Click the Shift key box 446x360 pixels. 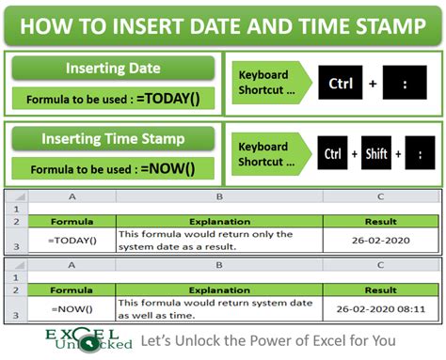tap(376, 153)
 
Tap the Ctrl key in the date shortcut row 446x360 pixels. tap(341, 83)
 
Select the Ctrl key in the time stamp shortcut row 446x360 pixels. tap(332, 153)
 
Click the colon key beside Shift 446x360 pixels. tap(420, 153)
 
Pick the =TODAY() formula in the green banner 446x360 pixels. tap(168, 99)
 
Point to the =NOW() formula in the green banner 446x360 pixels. tap(167, 168)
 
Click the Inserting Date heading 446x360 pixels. tap(113, 68)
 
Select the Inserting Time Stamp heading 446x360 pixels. tap(113, 138)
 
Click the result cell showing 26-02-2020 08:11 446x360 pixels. tap(381, 309)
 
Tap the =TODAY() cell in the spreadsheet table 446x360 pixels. tap(72, 240)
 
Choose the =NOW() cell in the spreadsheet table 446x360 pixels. tap(72, 309)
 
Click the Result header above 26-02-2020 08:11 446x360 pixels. tap(381, 290)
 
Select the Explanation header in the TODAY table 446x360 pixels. tap(219, 222)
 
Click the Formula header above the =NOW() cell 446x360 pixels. tap(72, 290)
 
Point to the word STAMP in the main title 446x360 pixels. tap(391, 26)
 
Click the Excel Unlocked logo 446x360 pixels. tap(88, 340)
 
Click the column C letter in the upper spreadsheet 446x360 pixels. tap(381, 196)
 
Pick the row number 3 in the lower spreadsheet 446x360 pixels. tap(16, 315)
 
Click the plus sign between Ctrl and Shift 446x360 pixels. tap(355, 153)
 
